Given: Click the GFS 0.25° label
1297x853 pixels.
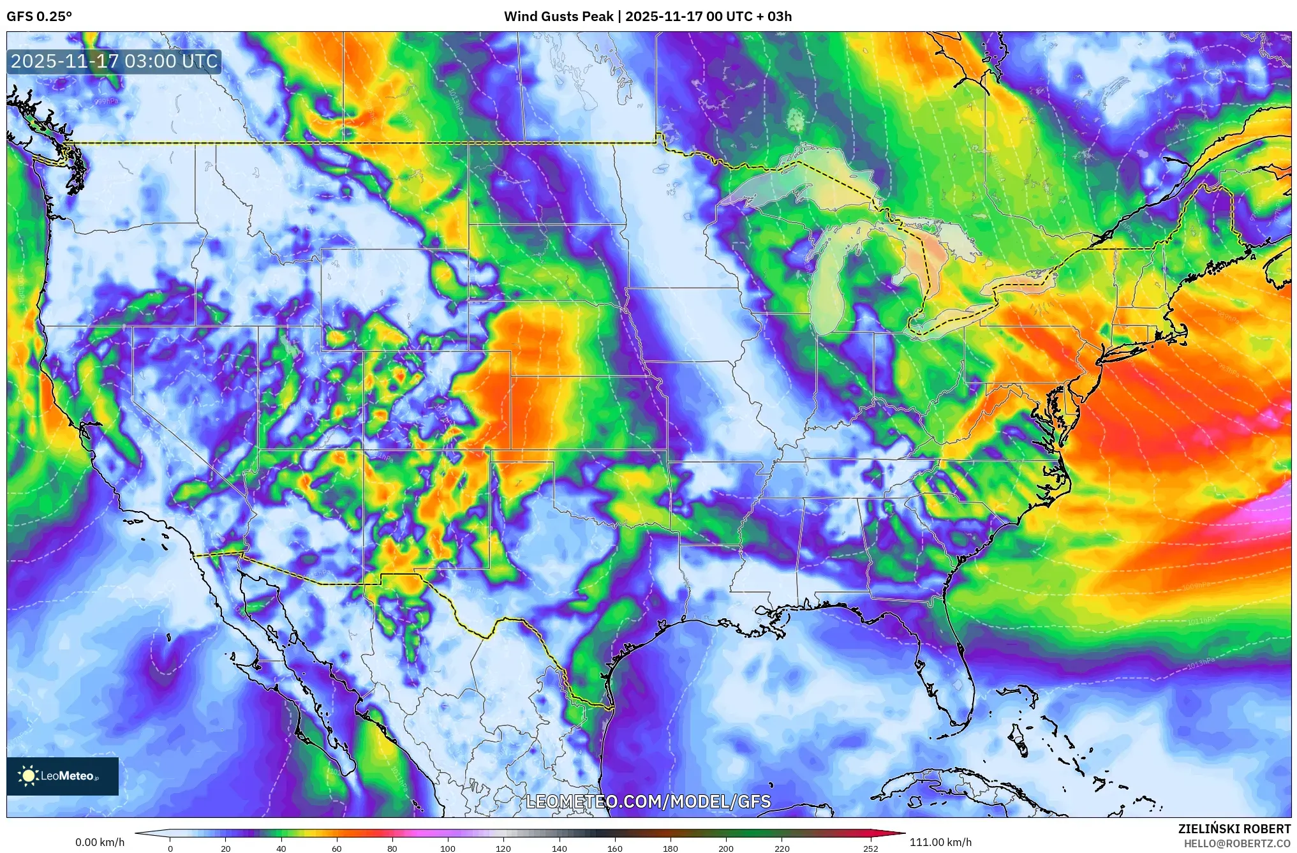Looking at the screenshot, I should point(39,17).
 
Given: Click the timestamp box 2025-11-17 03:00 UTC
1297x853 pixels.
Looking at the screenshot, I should point(114,61).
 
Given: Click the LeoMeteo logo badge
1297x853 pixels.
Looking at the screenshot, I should point(63,776).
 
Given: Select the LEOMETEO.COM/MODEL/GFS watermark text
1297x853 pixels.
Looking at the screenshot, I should point(648,801).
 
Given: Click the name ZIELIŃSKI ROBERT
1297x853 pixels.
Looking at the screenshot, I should point(1234,829).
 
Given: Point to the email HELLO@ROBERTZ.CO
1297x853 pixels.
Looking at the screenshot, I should point(1237,843).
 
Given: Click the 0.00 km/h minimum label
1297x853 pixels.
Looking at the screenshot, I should point(100,842).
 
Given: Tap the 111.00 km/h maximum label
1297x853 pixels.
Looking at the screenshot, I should point(940,842).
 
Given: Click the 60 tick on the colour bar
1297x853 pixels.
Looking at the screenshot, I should point(337,849).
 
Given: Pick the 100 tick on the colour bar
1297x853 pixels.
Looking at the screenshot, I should point(448,849).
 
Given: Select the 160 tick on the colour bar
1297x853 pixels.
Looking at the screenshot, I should point(615,849).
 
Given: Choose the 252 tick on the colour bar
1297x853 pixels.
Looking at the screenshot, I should point(871,849).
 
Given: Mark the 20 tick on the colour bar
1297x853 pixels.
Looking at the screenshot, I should point(225,849).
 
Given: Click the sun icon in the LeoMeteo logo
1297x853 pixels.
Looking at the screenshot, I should point(28,776).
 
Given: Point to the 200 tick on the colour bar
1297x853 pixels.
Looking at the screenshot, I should point(726,849).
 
